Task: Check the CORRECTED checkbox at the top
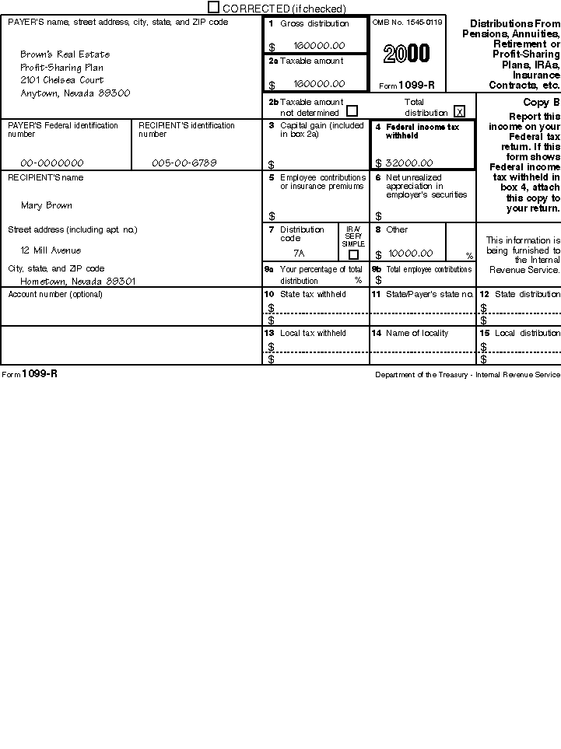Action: [214, 7]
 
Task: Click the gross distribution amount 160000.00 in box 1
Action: [319, 46]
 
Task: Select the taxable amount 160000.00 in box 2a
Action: [319, 84]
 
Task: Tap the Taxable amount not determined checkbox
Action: [352, 111]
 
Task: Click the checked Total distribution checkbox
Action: [459, 111]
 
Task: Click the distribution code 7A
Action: [299, 254]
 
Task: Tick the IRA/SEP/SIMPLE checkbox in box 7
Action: [353, 254]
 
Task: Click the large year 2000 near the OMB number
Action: [406, 54]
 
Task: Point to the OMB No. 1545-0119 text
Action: [407, 23]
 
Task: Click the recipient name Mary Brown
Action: [47, 205]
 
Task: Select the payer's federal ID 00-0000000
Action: [52, 163]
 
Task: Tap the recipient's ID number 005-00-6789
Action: [184, 163]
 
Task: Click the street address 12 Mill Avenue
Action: [51, 250]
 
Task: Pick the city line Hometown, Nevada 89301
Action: [78, 281]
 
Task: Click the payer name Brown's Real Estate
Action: [65, 54]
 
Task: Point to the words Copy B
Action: [542, 103]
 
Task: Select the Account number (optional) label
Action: [55, 294]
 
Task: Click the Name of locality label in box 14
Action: [417, 333]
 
